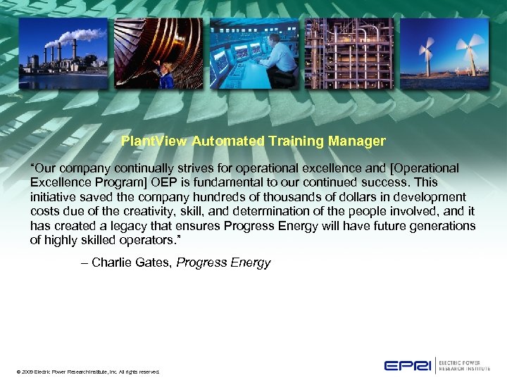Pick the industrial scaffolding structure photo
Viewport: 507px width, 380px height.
pos(348,53)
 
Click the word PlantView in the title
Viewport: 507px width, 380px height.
pos(154,141)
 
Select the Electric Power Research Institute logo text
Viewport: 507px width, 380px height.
pos(465,365)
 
